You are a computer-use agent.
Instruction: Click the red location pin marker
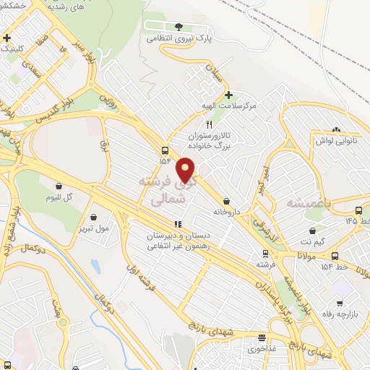click(x=186, y=171)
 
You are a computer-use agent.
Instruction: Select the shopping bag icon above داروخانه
click(x=228, y=201)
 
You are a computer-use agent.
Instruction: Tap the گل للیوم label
click(x=58, y=197)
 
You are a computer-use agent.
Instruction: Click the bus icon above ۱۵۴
click(x=166, y=151)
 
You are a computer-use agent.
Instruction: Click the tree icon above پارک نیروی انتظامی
click(x=178, y=27)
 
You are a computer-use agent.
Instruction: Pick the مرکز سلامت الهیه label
click(x=231, y=106)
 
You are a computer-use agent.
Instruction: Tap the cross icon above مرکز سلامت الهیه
click(x=229, y=95)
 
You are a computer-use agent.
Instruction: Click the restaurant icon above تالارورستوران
click(x=209, y=124)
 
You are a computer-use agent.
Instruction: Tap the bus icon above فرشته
click(x=266, y=254)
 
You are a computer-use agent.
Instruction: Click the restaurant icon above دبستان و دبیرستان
click(x=178, y=224)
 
